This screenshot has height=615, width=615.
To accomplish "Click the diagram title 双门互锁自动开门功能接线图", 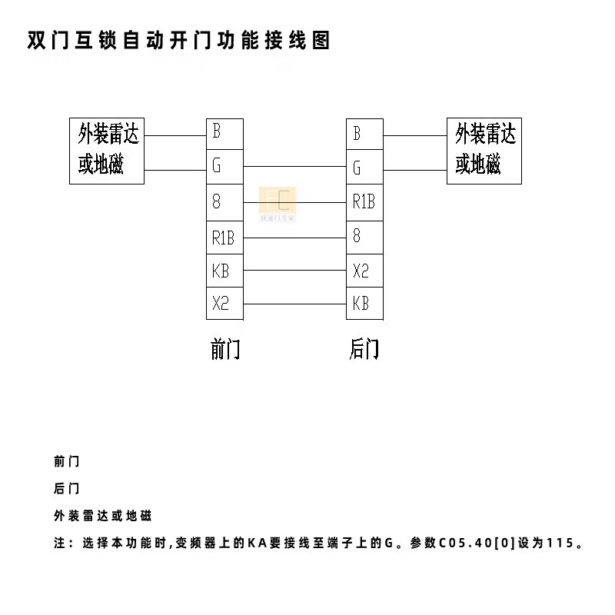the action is click(x=179, y=40).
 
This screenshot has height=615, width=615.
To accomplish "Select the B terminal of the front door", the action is click(x=224, y=132).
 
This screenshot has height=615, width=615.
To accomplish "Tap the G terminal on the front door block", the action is click(x=224, y=165).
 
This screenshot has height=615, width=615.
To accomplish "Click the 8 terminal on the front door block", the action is click(x=224, y=202).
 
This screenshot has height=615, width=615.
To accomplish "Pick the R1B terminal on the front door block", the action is click(x=224, y=238).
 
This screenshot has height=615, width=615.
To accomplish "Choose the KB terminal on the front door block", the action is click(x=224, y=271).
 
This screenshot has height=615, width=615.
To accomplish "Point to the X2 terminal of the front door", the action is click(x=224, y=303).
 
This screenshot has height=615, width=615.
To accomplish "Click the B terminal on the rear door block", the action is click(x=364, y=134).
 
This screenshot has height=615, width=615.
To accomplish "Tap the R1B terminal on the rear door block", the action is click(x=364, y=202).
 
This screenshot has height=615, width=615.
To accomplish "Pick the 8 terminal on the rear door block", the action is click(x=364, y=236).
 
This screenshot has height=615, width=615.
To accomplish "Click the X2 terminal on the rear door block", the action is click(x=364, y=271).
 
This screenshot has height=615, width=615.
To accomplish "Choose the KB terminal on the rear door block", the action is click(x=364, y=303).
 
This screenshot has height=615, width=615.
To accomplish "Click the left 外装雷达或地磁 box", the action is click(x=107, y=151).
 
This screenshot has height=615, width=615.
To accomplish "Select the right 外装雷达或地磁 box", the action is click(x=484, y=151).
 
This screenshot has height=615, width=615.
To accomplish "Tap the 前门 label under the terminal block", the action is click(x=225, y=350).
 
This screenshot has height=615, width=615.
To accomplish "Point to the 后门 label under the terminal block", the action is click(x=364, y=350).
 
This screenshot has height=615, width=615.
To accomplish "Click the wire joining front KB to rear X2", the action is click(x=294, y=271).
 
